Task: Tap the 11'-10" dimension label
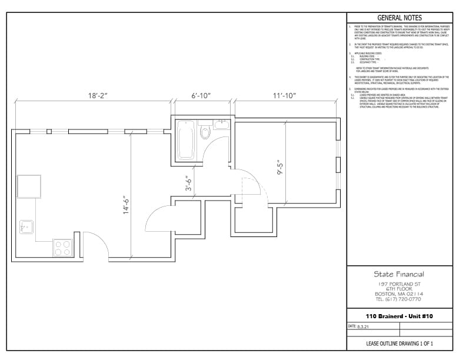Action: [284, 95]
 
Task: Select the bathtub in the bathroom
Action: [186, 140]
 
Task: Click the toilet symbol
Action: [205, 131]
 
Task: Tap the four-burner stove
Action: [62, 248]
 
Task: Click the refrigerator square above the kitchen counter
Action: [29, 187]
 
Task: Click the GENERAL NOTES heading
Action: [399, 18]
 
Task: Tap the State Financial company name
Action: [398, 274]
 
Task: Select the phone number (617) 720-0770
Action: [398, 299]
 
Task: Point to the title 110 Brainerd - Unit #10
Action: [398, 316]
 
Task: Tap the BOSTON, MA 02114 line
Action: [398, 294]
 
